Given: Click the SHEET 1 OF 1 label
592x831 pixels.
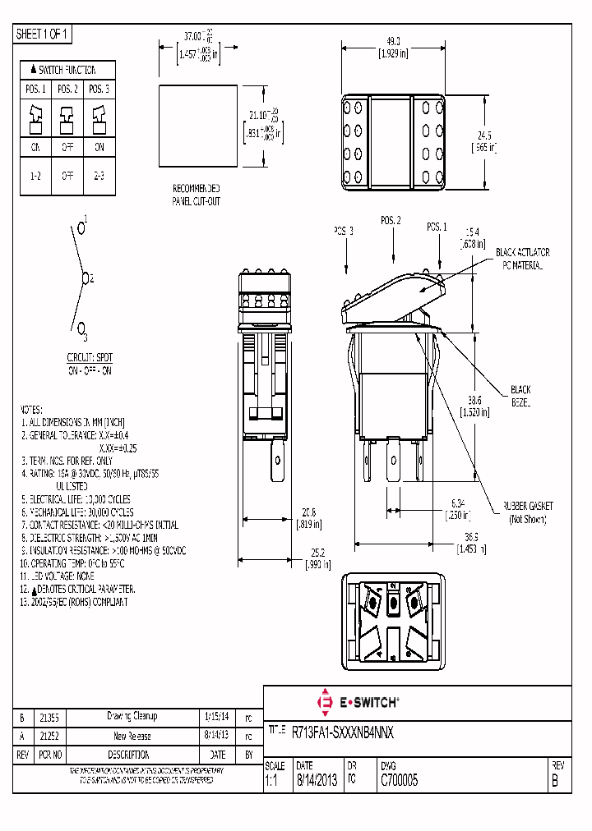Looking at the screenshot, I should (44, 34).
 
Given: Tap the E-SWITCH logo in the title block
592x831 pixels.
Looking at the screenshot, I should (358, 703).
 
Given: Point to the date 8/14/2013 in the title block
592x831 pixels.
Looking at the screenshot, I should (316, 782).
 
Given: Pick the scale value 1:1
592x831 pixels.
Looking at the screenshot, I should (271, 782).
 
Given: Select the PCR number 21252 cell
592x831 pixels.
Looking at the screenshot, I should (52, 736).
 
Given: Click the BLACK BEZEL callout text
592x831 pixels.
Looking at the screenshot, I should (520, 397).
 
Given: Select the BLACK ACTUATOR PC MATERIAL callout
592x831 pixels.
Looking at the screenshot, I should (522, 258).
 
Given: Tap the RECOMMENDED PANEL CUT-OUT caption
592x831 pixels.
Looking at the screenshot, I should (196, 194).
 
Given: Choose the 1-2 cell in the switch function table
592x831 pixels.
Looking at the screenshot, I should (36, 177).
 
